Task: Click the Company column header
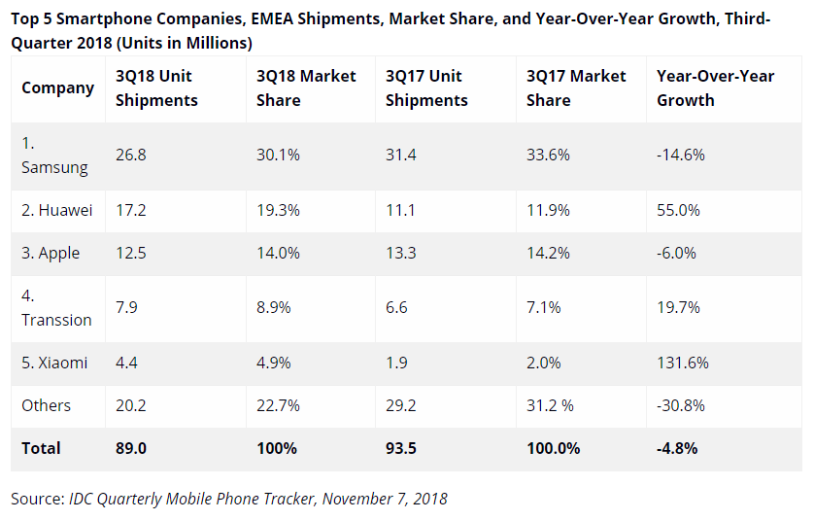(x=57, y=88)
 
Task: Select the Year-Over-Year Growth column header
(x=715, y=88)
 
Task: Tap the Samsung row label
(x=54, y=156)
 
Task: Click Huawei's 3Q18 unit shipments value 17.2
(x=133, y=210)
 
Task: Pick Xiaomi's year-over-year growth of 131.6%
(x=683, y=363)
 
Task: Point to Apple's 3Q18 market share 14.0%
(x=278, y=253)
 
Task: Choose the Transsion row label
(x=56, y=308)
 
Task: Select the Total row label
(x=41, y=448)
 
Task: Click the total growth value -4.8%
(x=677, y=448)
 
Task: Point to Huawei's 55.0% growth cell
(x=679, y=210)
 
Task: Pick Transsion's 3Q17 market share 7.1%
(x=544, y=308)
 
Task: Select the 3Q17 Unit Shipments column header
(x=426, y=88)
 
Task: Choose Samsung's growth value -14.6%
(x=681, y=155)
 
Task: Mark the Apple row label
(x=51, y=253)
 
